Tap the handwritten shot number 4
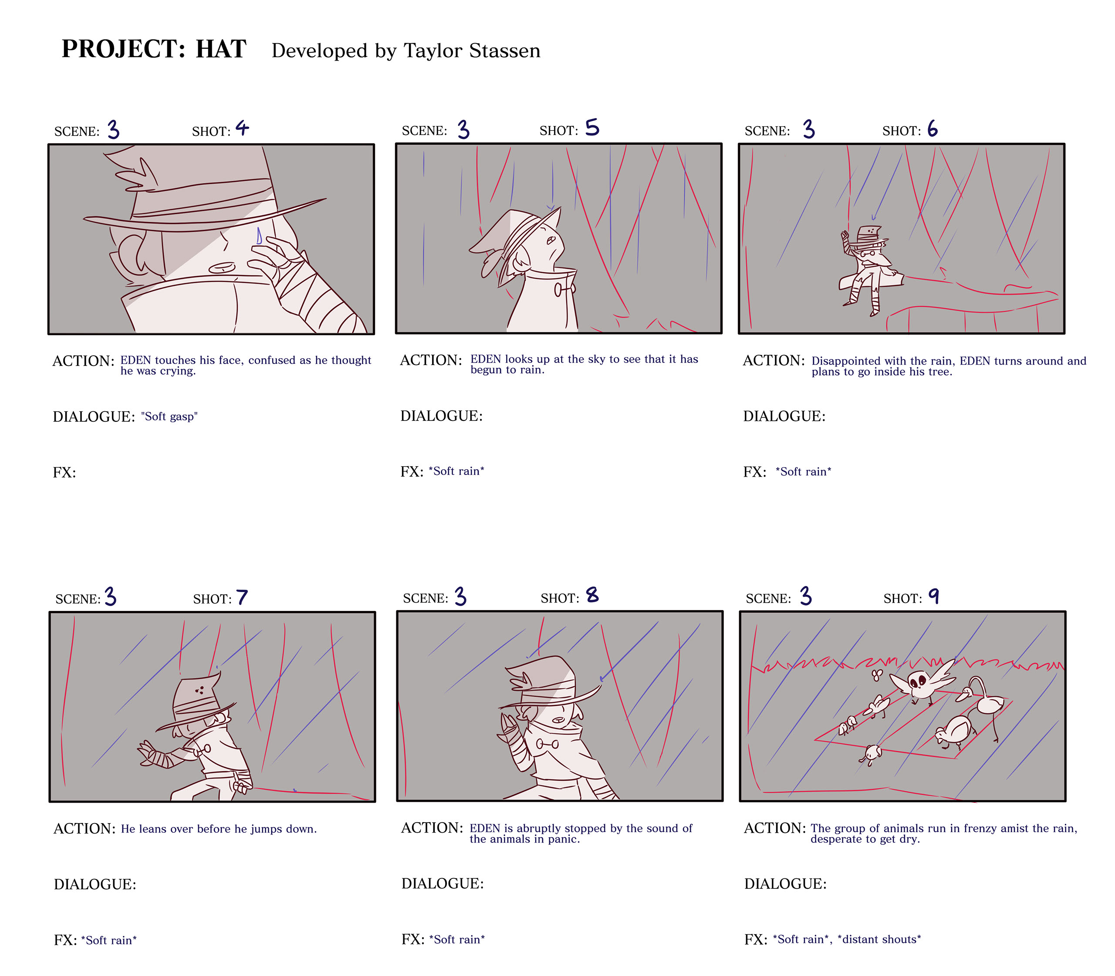242,129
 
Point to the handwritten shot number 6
933,129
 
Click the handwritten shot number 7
242,597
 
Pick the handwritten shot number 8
592,595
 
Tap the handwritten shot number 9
934,596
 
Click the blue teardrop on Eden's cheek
259,235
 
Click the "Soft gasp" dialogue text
169,417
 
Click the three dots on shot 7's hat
199,690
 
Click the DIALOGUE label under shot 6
784,416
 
